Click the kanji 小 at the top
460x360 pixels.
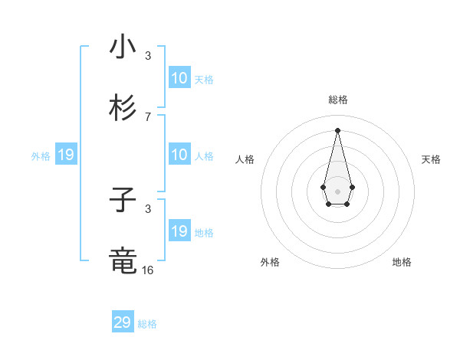[x=123, y=47]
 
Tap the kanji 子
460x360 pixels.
[x=123, y=201]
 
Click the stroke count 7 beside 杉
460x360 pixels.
[x=148, y=117]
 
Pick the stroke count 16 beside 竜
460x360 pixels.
[x=148, y=270]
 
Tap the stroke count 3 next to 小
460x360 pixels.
[x=148, y=56]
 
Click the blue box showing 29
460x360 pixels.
[x=123, y=322]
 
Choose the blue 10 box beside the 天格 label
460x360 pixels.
[x=179, y=78]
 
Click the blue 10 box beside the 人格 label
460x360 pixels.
[x=179, y=155]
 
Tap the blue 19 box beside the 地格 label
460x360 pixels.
[x=179, y=232]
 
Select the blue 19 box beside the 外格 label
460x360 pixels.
[x=66, y=155]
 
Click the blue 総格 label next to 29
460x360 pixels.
[x=147, y=324]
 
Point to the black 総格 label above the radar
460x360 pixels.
[x=337, y=100]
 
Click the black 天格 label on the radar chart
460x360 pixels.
[x=431, y=159]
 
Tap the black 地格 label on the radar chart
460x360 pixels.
[x=402, y=262]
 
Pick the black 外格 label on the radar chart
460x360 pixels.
[x=270, y=262]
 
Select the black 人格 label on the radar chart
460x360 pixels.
[x=245, y=159]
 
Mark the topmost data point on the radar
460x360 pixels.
[x=337, y=130]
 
